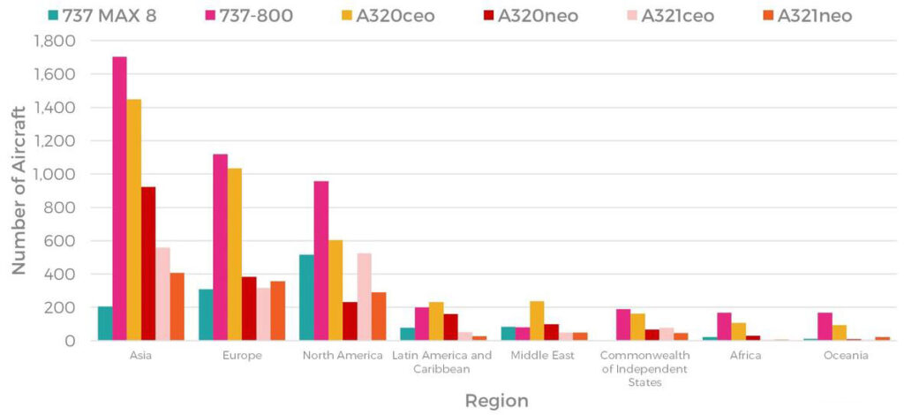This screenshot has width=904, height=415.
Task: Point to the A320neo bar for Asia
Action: click(x=148, y=264)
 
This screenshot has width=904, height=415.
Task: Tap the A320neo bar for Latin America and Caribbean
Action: click(x=450, y=328)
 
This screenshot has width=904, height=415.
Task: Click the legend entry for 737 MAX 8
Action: click(x=102, y=15)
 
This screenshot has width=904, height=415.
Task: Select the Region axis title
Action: click(x=496, y=401)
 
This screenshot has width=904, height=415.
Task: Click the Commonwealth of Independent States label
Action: click(x=643, y=368)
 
